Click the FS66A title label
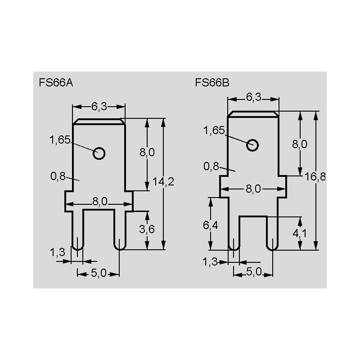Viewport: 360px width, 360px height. click(x=56, y=83)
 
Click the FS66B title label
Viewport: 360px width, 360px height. click(x=212, y=83)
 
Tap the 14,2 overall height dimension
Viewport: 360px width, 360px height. click(x=163, y=182)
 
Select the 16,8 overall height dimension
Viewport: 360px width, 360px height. click(x=315, y=176)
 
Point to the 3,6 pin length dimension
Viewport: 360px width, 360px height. click(x=147, y=229)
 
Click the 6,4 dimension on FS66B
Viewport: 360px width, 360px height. click(x=211, y=225)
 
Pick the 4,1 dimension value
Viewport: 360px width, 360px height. click(x=300, y=233)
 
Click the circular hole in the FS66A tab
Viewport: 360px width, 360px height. click(x=99, y=153)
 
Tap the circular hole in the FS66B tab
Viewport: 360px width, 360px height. click(x=252, y=145)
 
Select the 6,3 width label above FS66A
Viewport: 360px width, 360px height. click(x=99, y=106)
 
